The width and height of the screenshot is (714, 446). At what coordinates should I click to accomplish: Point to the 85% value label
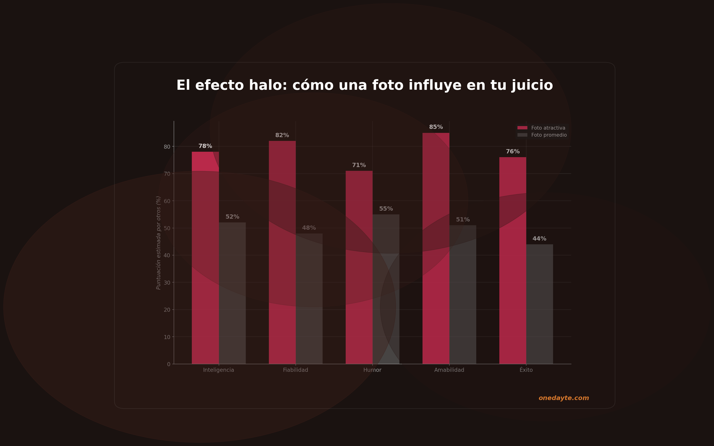pyautogui.click(x=436, y=127)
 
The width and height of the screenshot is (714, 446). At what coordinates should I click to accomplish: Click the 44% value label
pyautogui.click(x=539, y=239)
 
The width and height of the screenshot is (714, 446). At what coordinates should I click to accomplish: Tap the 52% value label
pyautogui.click(x=232, y=217)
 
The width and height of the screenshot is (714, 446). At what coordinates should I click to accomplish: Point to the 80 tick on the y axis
pyautogui.click(x=167, y=147)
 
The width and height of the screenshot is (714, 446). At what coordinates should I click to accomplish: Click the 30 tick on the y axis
pyautogui.click(x=167, y=282)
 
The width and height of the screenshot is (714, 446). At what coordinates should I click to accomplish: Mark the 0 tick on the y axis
pyautogui.click(x=169, y=364)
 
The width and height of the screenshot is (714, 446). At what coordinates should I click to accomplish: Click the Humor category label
pyautogui.click(x=372, y=370)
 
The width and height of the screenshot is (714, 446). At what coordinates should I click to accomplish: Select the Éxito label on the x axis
pyautogui.click(x=526, y=370)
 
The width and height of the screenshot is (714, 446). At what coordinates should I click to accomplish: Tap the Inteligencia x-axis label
pyautogui.click(x=218, y=370)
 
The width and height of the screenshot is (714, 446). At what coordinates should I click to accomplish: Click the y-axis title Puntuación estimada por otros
pyautogui.click(x=158, y=242)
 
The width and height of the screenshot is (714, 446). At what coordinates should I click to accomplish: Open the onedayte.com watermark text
pyautogui.click(x=563, y=398)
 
